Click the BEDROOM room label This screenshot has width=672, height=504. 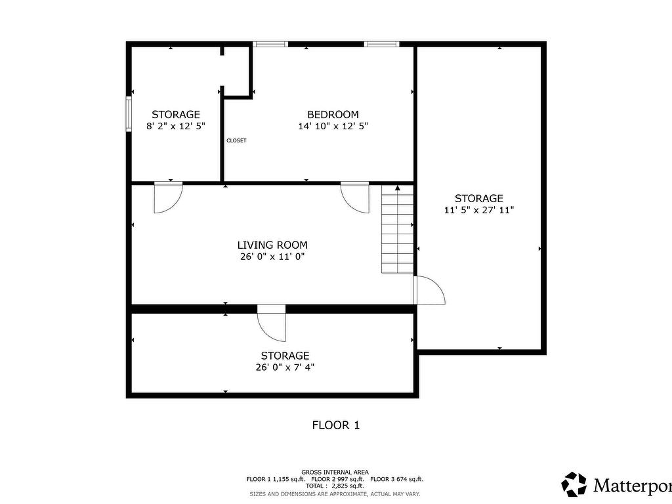(x=333, y=114)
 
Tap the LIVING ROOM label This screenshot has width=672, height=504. (x=272, y=245)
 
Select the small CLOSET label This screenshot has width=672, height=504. (x=236, y=140)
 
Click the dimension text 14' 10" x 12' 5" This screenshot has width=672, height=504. (x=333, y=126)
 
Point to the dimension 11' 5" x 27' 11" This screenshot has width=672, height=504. (x=479, y=210)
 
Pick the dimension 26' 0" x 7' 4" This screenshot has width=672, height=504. (x=284, y=367)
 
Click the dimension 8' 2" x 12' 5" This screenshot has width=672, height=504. (x=176, y=126)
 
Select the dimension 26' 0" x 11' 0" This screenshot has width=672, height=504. (x=272, y=257)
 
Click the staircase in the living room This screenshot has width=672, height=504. (x=398, y=230)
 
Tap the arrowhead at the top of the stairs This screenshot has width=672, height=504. (x=398, y=188)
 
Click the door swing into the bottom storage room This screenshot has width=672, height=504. (x=272, y=323)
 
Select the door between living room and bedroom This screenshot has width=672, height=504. (x=355, y=197)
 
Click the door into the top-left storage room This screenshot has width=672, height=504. (x=167, y=197)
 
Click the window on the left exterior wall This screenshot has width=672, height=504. (x=129, y=115)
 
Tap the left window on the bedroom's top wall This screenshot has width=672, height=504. (x=270, y=45)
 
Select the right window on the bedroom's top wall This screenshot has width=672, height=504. (x=381, y=45)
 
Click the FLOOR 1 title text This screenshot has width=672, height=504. (x=335, y=425)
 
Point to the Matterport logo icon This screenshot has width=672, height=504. (x=574, y=484)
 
